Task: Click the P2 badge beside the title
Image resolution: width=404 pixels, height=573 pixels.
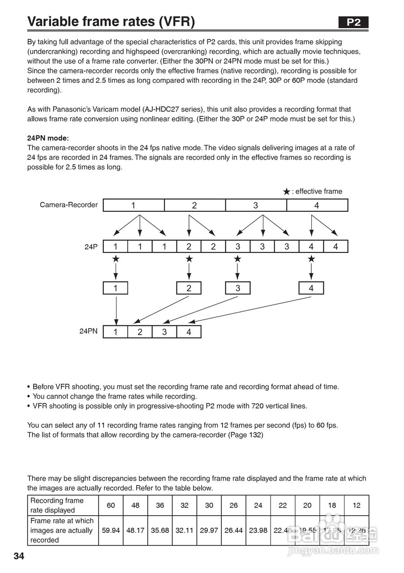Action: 353,22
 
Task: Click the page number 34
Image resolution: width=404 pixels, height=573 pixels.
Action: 19,556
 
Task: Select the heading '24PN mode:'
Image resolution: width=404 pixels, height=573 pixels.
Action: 48,138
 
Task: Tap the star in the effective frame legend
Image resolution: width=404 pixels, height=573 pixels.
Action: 287,192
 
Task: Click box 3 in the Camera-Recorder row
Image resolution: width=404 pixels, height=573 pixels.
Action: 256,205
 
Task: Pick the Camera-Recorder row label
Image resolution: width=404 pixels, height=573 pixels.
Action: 69,205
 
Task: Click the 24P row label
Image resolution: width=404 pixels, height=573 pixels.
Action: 91,247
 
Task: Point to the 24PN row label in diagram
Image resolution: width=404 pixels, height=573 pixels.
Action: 88,332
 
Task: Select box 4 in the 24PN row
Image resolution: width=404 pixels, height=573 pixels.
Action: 189,332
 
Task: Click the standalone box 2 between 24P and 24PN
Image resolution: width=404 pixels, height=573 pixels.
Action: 189,288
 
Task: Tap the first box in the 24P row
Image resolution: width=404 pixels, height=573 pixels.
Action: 116,247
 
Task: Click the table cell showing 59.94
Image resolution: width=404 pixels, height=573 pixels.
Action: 111,530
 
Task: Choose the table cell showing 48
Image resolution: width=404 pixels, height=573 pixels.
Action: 135,505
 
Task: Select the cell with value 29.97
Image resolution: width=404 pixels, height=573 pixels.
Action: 209,530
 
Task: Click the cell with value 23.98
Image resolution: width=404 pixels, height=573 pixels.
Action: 258,530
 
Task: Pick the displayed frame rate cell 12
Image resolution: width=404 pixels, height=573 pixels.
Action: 357,505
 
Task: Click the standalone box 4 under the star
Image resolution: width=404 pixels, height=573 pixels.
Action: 311,288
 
